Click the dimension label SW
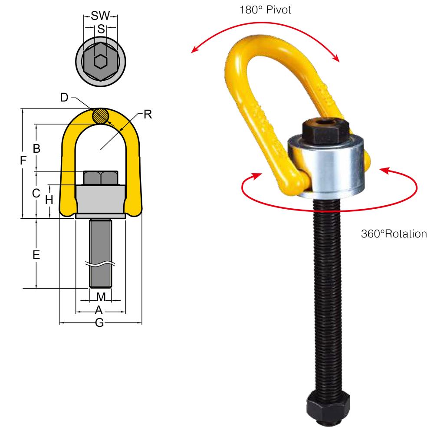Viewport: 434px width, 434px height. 100,17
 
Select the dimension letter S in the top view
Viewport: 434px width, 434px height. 101,29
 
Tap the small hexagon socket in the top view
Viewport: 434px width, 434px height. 101,62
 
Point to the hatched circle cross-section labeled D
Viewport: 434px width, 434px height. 101,116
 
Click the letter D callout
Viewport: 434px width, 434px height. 64,98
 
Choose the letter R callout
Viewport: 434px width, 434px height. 148,115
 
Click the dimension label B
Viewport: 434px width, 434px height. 37,148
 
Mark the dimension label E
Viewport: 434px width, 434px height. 36,255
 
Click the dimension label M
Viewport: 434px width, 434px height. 101,297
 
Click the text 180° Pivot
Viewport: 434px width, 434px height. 265,9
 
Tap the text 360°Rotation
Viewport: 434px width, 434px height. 394,234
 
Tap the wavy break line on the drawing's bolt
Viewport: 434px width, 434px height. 101,264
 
